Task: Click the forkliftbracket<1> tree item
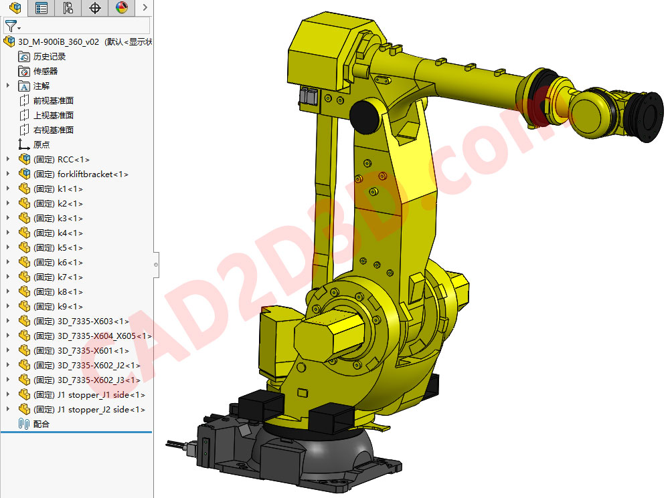(x=92, y=174)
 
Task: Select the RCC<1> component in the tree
(x=73, y=160)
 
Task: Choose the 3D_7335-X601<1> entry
(x=93, y=351)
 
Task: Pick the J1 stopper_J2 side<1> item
(x=100, y=410)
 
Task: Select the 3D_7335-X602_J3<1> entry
(x=98, y=380)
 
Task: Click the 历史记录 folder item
(x=50, y=57)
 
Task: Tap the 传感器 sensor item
(x=46, y=72)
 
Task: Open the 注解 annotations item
(x=41, y=86)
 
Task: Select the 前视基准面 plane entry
(x=54, y=101)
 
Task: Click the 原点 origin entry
(x=41, y=145)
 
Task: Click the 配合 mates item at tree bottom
(x=41, y=424)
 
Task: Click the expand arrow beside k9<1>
(x=8, y=307)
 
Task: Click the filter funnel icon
(x=11, y=26)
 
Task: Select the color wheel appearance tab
(x=121, y=8)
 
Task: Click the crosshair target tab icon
(x=95, y=8)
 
